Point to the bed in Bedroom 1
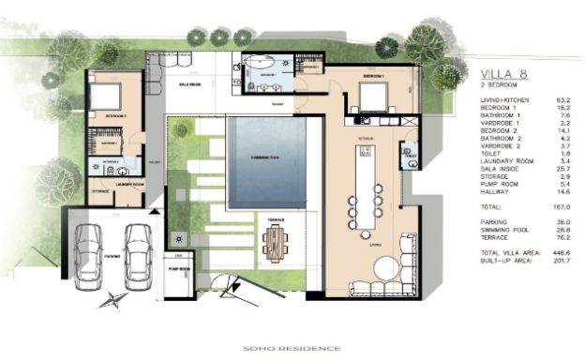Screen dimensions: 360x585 click(372, 97)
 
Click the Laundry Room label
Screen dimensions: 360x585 click(129, 185)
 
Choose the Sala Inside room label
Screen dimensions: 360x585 click(191, 82)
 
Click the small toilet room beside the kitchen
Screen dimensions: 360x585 click(409, 153)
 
